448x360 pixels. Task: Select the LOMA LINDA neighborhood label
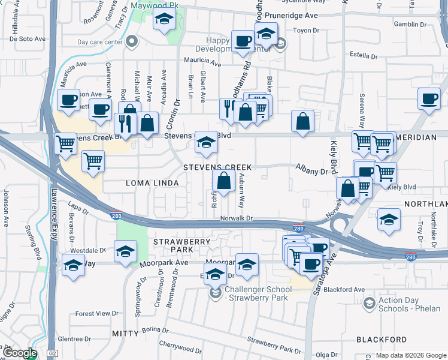click(152, 182)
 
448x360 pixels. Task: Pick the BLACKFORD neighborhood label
click(382, 340)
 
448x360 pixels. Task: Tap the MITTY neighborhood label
click(126, 332)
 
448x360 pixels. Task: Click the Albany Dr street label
click(311, 171)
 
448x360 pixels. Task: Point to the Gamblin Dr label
click(410, 24)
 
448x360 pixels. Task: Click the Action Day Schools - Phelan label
click(407, 305)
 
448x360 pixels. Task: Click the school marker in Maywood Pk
click(163, 20)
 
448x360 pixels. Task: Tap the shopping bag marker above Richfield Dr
click(223, 180)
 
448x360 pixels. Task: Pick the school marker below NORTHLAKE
click(389, 220)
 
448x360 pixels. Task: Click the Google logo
click(20, 353)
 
